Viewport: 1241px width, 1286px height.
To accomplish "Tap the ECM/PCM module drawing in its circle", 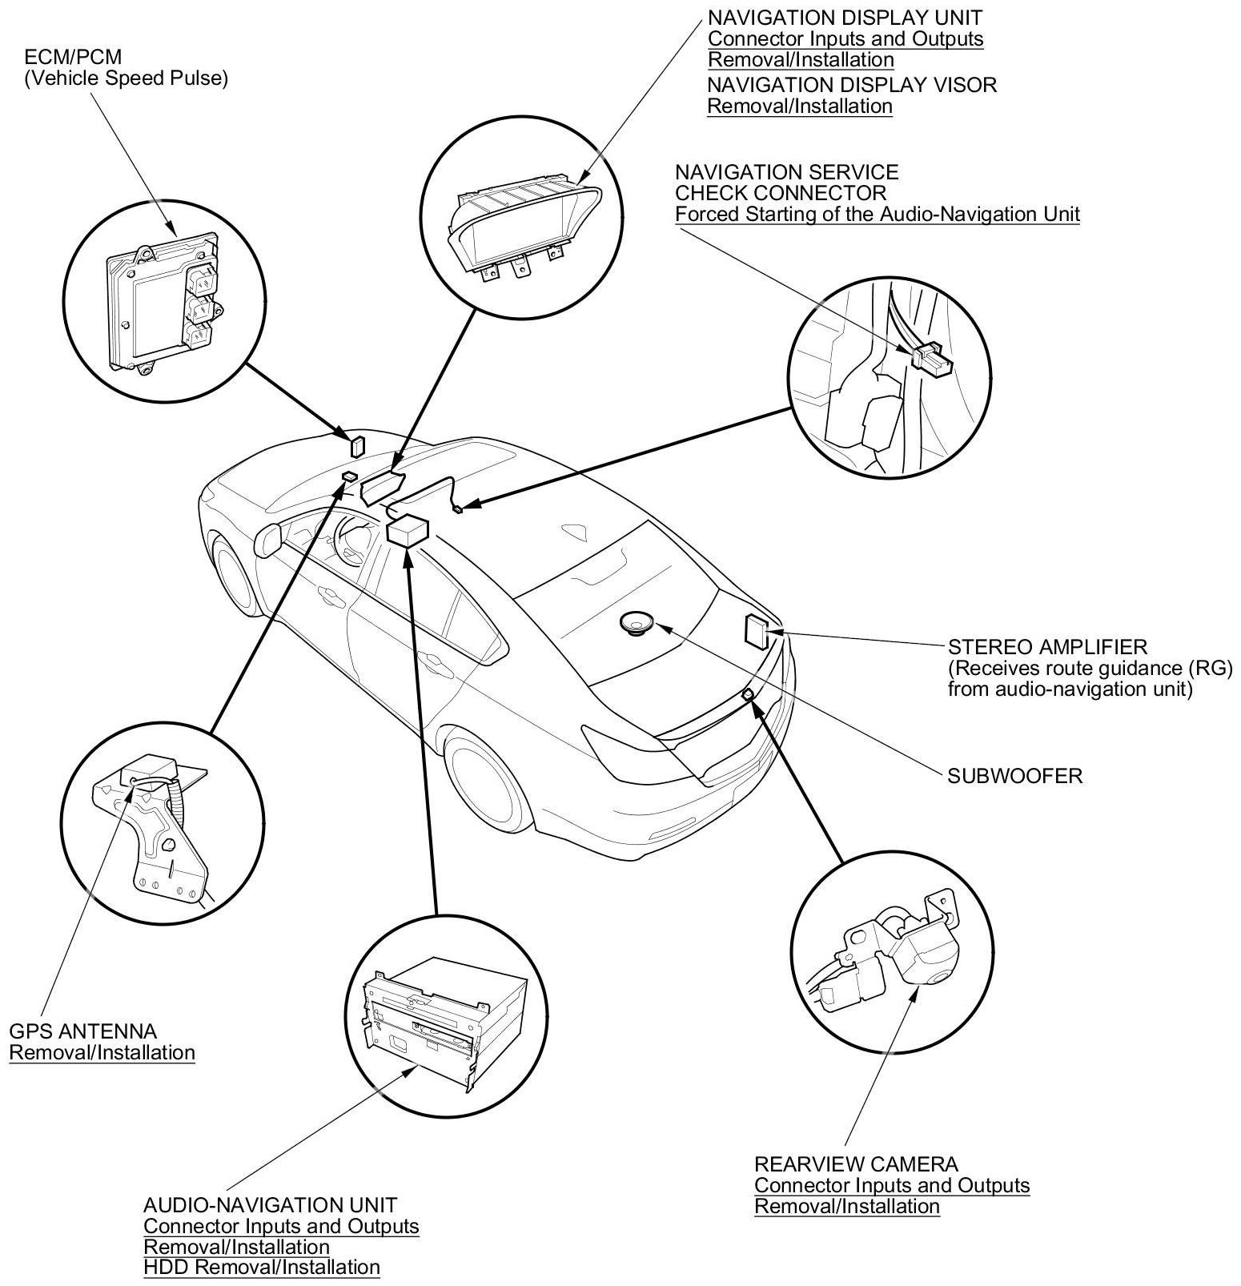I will [160, 300].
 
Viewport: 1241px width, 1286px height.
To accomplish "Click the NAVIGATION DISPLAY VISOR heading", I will [852, 85].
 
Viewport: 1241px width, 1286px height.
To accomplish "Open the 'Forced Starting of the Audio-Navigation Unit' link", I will [878, 214].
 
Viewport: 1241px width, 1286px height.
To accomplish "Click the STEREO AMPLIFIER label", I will [1047, 646].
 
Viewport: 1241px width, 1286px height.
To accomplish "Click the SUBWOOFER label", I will [1014, 775].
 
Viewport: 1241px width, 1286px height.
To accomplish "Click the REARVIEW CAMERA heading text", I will [856, 1163].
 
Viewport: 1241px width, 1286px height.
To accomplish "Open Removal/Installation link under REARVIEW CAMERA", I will [847, 1206].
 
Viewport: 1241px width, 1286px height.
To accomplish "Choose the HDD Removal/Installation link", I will [262, 1267].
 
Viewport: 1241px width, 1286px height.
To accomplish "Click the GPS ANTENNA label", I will [83, 1031].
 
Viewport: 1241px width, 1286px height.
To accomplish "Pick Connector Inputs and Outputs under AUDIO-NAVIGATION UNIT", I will [281, 1226].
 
